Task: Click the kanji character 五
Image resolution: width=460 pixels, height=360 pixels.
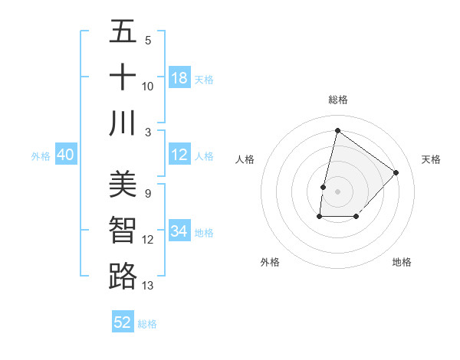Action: tap(123, 31)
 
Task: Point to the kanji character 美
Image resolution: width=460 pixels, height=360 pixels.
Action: tap(123, 184)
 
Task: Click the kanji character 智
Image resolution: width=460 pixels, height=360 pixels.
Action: tap(123, 230)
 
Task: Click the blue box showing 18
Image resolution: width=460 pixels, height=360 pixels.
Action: tap(179, 78)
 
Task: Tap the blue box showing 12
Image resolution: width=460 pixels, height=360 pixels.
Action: tap(179, 155)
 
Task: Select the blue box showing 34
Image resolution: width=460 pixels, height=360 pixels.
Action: tap(179, 231)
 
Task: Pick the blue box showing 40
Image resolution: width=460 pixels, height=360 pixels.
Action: tap(65, 155)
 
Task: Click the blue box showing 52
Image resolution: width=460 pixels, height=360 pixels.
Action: tap(123, 322)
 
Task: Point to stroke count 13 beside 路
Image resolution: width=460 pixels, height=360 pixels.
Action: tap(148, 286)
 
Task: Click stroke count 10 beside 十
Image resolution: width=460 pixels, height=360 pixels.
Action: tap(148, 87)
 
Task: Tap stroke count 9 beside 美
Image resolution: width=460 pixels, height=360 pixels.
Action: tap(147, 193)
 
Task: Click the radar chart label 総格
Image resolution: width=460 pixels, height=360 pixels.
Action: tap(338, 100)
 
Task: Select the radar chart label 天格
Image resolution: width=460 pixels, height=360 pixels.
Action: tap(432, 159)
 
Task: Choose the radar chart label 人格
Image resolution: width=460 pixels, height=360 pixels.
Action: tap(245, 159)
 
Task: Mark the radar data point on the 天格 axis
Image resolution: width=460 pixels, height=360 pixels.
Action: tap(396, 172)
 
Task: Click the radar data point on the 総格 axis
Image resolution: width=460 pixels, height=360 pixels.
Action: tap(337, 130)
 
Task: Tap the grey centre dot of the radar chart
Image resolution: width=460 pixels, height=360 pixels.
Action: tap(337, 191)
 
